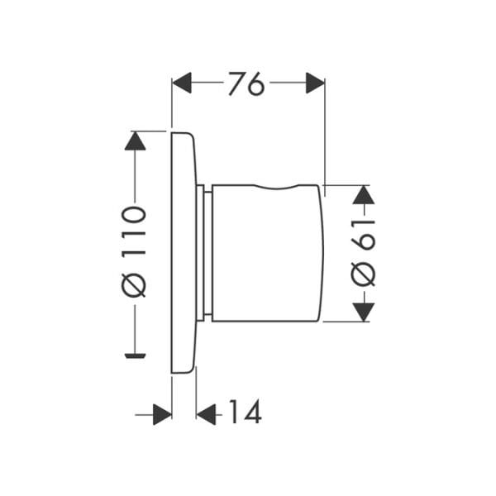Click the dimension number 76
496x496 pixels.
pyautogui.click(x=246, y=83)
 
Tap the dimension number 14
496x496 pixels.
pyautogui.click(x=244, y=412)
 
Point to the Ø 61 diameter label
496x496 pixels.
pyautogui.click(x=364, y=252)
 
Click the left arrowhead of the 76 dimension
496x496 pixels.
pyautogui.click(x=182, y=83)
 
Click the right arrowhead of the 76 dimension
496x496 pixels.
pyautogui.click(x=315, y=83)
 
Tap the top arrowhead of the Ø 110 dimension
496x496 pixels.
pyautogui.click(x=135, y=141)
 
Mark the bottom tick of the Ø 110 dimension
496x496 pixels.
pyautogui.click(x=135, y=355)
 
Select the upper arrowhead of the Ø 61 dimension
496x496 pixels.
pyautogui.click(x=364, y=195)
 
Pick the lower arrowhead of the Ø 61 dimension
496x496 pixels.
pyautogui.click(x=364, y=311)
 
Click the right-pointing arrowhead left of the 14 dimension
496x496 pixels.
pyautogui.click(x=162, y=413)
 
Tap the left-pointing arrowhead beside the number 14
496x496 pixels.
pyautogui.click(x=206, y=413)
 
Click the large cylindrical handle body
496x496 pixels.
pyautogui.click(x=265, y=252)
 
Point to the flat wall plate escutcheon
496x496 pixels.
pyautogui.click(x=183, y=252)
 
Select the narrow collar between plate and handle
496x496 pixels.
pyautogui.click(x=204, y=252)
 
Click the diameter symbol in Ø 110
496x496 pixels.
pyautogui.click(x=134, y=286)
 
